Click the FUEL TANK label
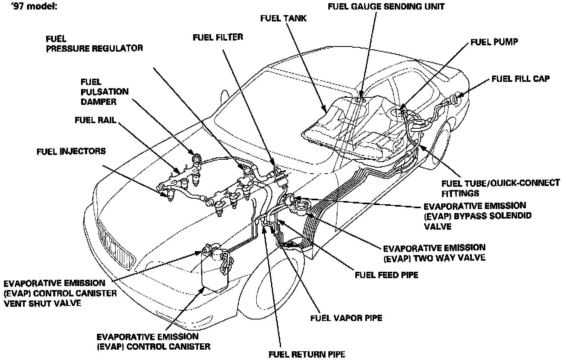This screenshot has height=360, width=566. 283,18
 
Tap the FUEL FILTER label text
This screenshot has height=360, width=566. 217,37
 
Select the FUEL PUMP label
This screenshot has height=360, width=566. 494,42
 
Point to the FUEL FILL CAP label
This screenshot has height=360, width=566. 520,79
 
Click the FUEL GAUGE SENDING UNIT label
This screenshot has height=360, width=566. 386,6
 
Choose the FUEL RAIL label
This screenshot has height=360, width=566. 95,120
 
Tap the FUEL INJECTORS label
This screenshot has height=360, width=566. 71,151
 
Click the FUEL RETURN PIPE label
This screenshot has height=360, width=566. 307,354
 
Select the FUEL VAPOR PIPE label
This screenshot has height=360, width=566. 346,318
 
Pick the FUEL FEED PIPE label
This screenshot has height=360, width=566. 386,275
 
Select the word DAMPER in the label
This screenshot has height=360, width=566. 98,102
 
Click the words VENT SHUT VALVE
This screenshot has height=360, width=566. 42,304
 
